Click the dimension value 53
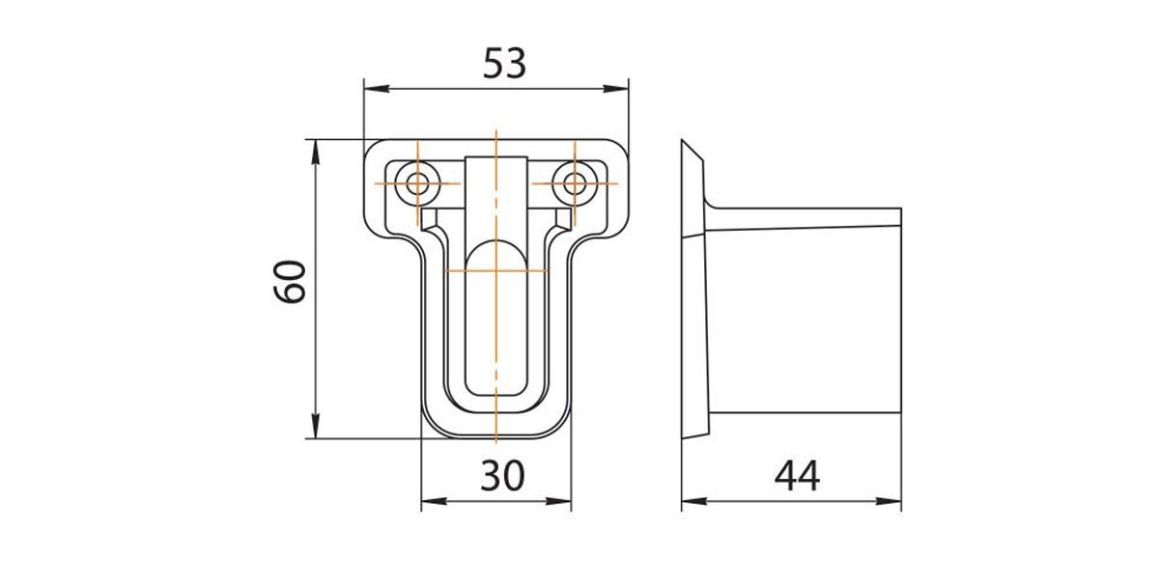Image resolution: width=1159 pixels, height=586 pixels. (x=503, y=64)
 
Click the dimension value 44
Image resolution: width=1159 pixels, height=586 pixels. (x=796, y=475)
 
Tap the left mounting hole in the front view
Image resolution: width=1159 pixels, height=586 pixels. (x=419, y=182)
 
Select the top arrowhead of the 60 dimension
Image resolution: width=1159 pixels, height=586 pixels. (x=315, y=146)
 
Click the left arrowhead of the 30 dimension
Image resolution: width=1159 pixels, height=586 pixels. (x=429, y=501)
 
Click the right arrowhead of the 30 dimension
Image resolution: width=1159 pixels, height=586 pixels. (x=565, y=501)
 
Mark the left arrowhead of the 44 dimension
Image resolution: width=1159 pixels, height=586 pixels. (x=689, y=501)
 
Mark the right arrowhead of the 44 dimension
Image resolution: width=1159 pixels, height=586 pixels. (x=894, y=501)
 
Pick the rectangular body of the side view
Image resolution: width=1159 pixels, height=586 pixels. (x=806, y=319)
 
